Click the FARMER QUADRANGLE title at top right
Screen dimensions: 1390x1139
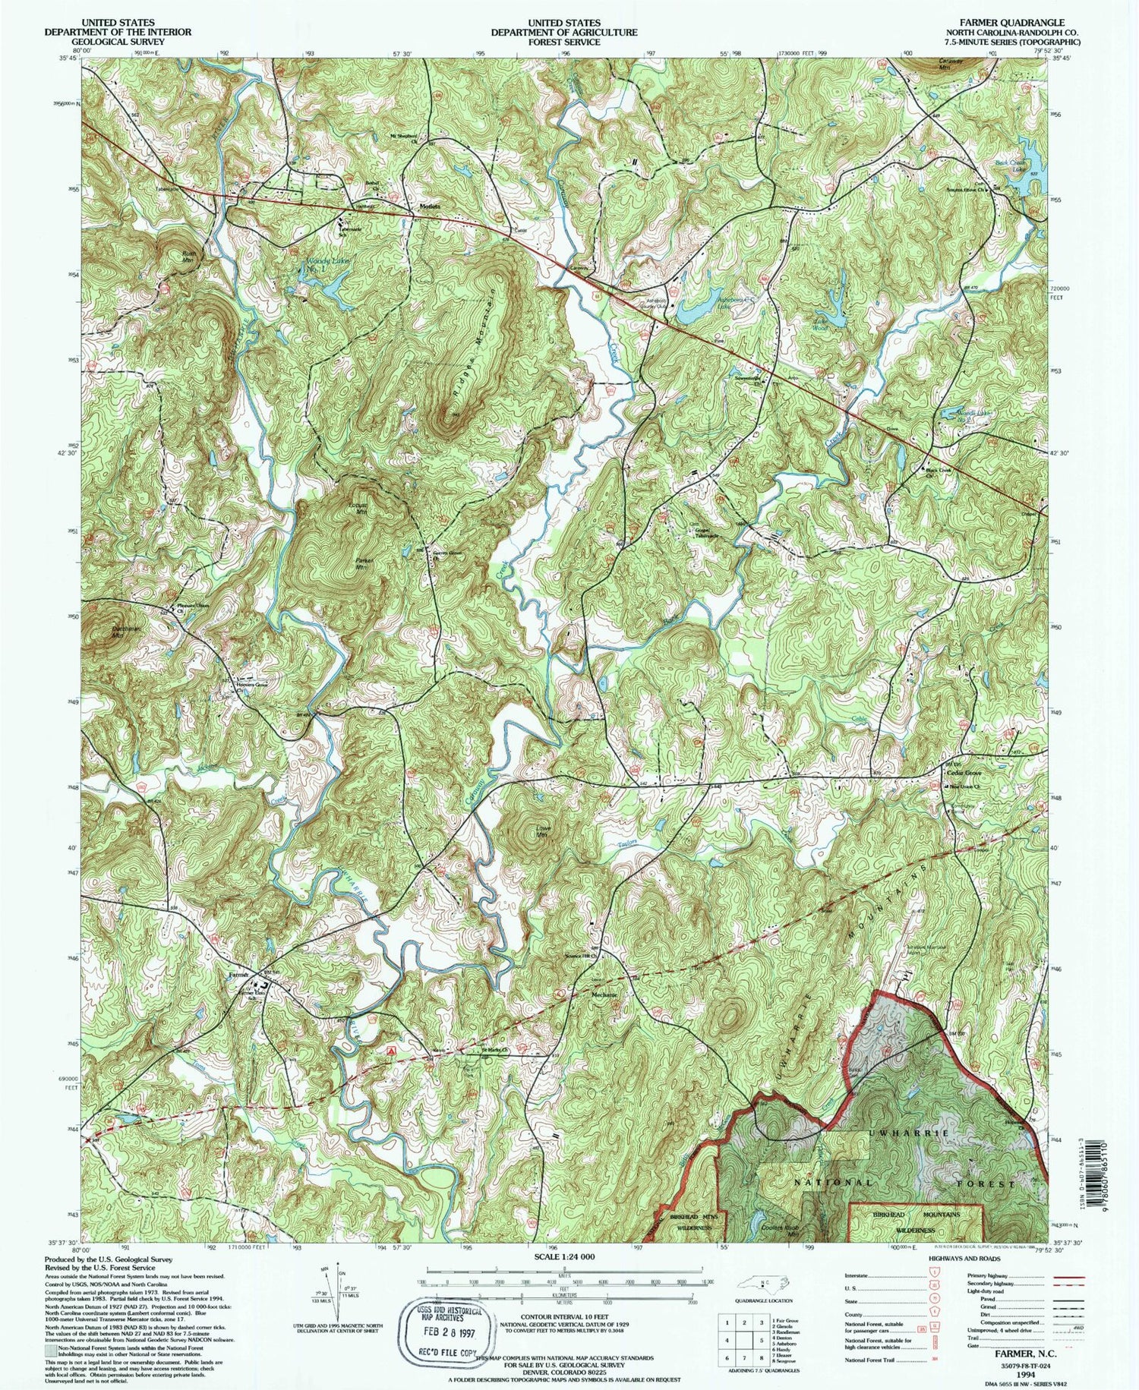pyautogui.click(x=1016, y=23)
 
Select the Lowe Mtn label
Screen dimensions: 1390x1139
pyautogui.click(x=542, y=832)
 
